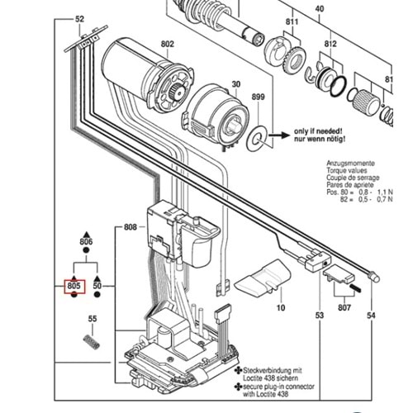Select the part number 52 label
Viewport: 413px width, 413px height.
click(x=79, y=18)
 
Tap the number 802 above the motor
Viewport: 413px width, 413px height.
click(x=168, y=44)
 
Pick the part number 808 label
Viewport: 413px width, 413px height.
click(x=131, y=226)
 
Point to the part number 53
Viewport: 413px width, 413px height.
click(x=320, y=316)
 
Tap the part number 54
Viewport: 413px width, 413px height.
click(x=369, y=316)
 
